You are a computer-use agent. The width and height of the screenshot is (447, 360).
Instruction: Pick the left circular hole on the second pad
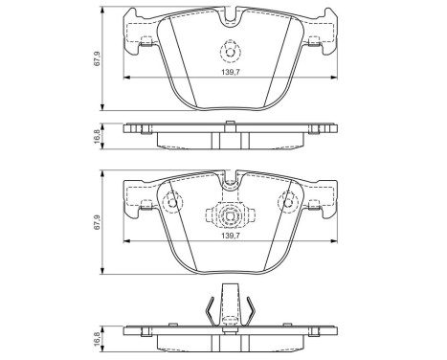[172, 202]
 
